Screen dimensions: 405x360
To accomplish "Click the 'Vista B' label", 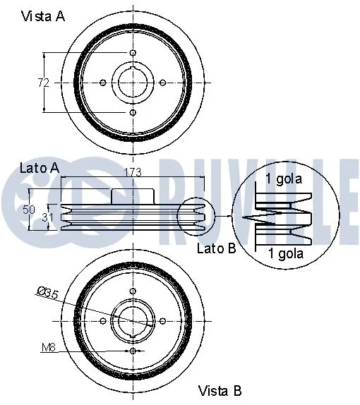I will (x=221, y=389).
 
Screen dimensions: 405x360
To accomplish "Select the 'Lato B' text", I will (x=216, y=248).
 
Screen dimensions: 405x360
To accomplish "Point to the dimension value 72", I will (x=43, y=83).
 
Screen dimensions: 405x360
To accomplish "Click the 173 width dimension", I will (x=131, y=171).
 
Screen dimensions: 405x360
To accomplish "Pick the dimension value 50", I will (x=28, y=210).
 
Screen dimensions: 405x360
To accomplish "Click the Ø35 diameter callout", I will (x=47, y=293).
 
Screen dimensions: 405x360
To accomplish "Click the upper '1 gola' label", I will (x=284, y=179).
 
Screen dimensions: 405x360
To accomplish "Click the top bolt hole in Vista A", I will (x=133, y=53).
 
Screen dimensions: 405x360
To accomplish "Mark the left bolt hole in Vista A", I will (x=103, y=83).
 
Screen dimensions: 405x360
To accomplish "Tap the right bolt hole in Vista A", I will (x=162, y=83).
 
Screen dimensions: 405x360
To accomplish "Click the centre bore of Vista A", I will (x=133, y=83).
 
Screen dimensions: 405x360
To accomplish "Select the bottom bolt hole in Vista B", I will (x=133, y=350).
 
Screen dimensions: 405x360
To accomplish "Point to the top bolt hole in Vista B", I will (x=133, y=291).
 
